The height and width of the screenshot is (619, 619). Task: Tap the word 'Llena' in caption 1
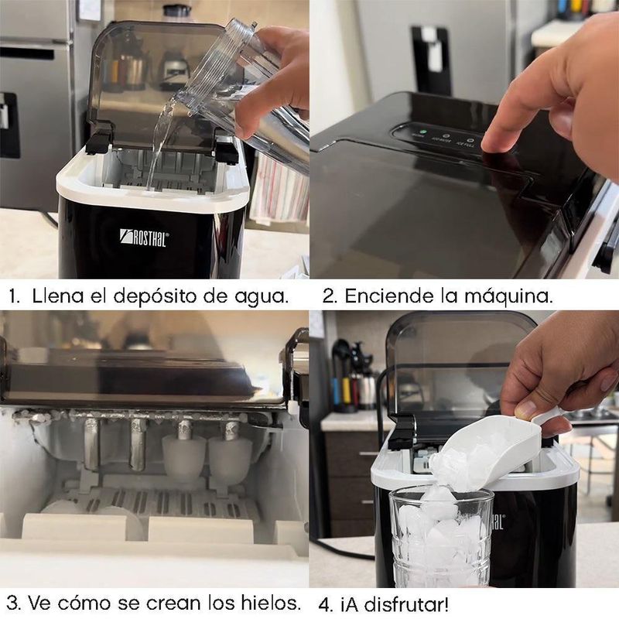[53, 296]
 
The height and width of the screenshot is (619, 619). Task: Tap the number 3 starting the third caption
[13, 602]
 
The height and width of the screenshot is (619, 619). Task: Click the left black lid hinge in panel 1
[99, 139]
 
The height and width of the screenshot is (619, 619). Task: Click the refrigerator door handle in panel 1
[9, 124]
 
